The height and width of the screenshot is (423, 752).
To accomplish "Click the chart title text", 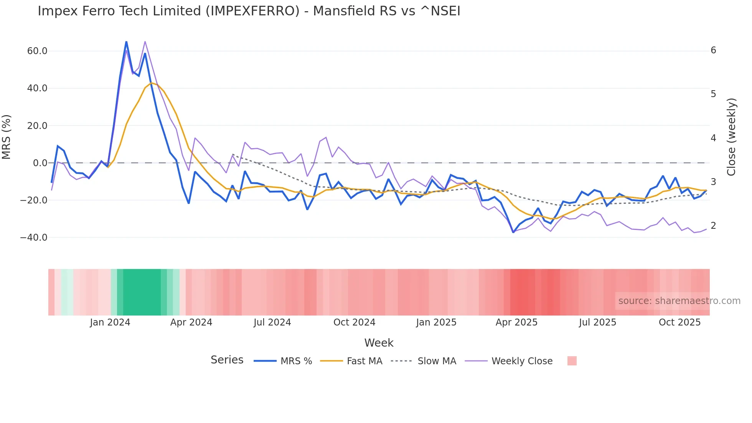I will click(x=249, y=11).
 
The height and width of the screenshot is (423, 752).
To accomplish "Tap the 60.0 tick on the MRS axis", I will click(x=37, y=51).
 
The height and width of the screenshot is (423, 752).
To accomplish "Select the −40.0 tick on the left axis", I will click(x=34, y=238).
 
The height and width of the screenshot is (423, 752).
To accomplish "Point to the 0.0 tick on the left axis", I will click(x=40, y=163).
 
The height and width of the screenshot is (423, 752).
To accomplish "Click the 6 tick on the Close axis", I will click(x=713, y=50).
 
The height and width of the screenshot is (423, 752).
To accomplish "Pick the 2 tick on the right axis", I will click(x=713, y=226).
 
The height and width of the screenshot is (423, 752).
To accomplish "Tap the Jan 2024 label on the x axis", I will click(x=110, y=322).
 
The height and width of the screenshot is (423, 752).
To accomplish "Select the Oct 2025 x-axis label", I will click(x=679, y=322).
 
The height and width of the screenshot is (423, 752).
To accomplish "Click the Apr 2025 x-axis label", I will click(x=516, y=322).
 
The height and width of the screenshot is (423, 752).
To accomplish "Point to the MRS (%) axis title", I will click(x=7, y=137).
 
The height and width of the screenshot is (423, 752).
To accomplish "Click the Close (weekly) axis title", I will click(x=732, y=137).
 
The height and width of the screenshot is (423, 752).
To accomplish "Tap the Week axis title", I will click(x=379, y=343).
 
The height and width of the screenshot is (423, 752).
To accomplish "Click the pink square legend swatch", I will click(x=572, y=361).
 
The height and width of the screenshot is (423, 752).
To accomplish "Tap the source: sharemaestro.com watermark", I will click(x=679, y=301).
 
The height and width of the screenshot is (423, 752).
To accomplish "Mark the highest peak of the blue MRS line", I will click(x=126, y=41).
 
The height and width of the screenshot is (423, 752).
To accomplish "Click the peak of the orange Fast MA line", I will click(x=152, y=83).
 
